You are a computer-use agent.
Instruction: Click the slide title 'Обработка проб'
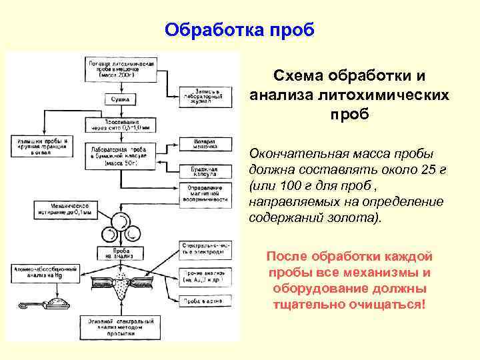click(x=239, y=30)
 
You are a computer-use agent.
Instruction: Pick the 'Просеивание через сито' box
click(x=121, y=125)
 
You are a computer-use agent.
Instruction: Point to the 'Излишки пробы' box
click(x=39, y=147)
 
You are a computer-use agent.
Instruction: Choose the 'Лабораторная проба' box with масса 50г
click(x=122, y=155)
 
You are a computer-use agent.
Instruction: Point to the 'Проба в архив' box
click(x=205, y=302)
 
